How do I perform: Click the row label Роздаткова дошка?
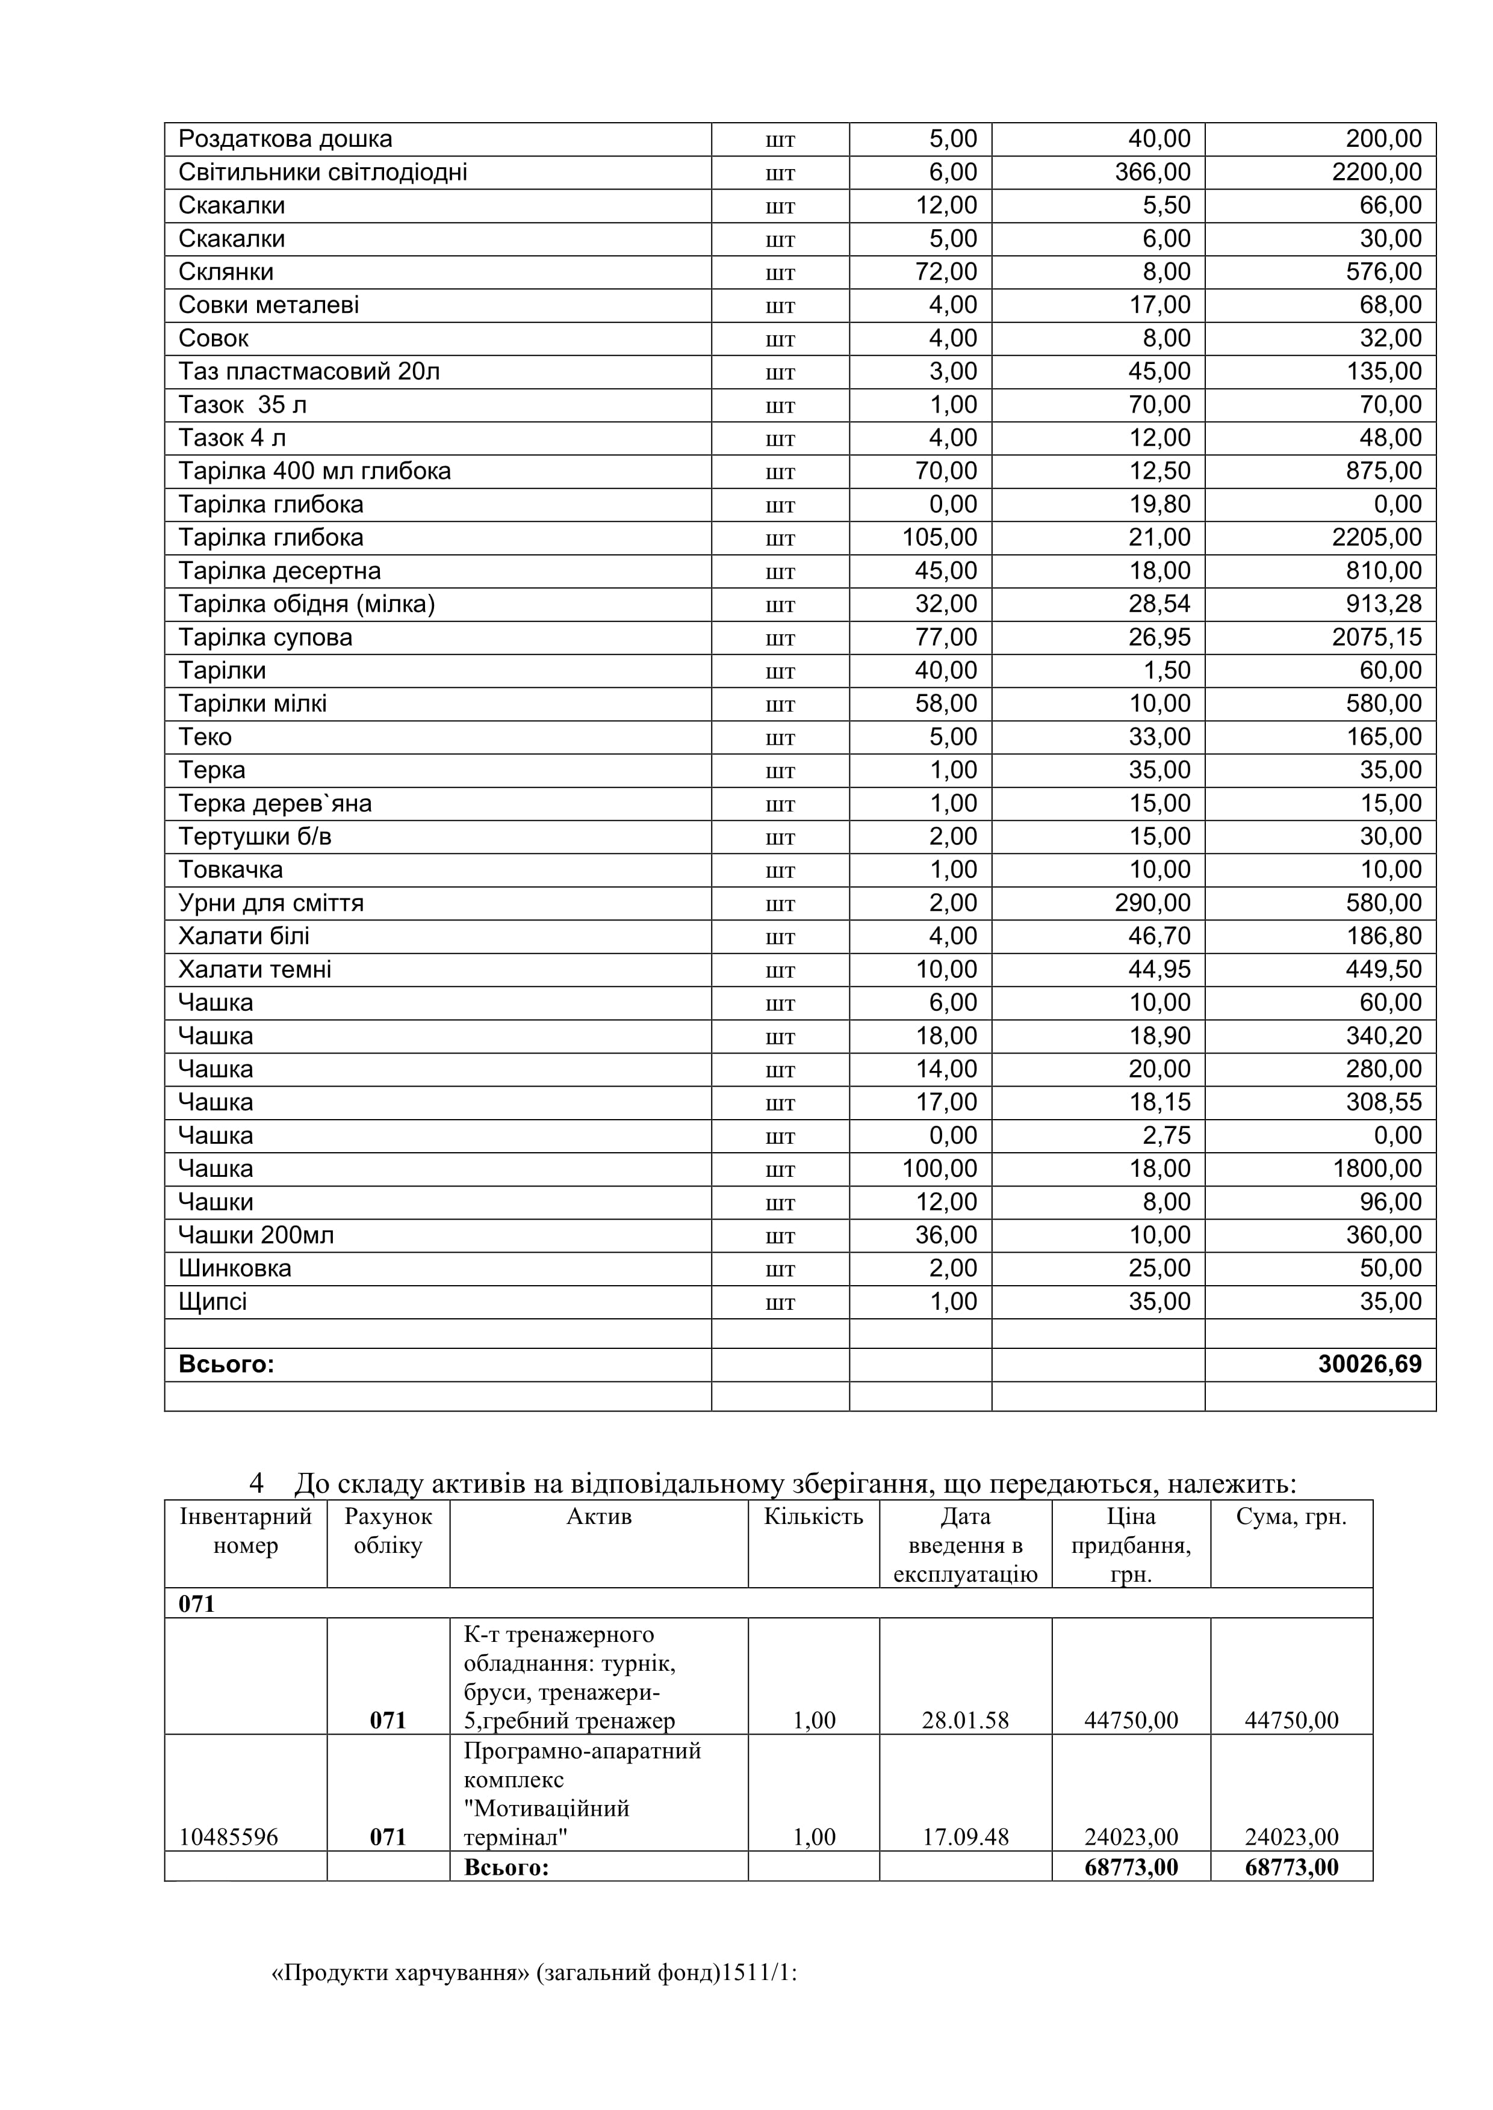pyautogui.click(x=285, y=140)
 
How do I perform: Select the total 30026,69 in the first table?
pyautogui.click(x=1369, y=1364)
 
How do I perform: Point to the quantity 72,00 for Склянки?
pyautogui.click(x=946, y=272)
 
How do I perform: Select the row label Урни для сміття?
pyautogui.click(x=271, y=902)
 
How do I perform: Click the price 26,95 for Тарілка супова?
pyautogui.click(x=1159, y=637)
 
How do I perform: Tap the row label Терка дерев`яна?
pyautogui.click(x=275, y=803)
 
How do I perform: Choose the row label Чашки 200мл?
pyautogui.click(x=256, y=1235)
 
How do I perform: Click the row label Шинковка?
pyautogui.click(x=234, y=1268)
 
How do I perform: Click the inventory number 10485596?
pyautogui.click(x=228, y=1837)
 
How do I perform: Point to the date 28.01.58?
pyautogui.click(x=965, y=1720)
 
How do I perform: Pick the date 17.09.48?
pyautogui.click(x=965, y=1837)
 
